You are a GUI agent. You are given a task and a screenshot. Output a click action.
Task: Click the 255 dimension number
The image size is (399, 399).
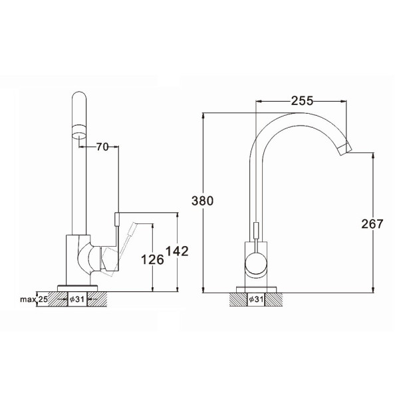(302, 101)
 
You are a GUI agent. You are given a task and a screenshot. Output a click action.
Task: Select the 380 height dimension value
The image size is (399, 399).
(202, 201)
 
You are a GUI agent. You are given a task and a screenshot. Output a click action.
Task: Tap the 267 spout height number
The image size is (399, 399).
(372, 224)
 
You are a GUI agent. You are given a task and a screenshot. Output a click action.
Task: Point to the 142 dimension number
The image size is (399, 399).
(177, 251)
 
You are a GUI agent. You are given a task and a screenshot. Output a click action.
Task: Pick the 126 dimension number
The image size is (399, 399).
(152, 260)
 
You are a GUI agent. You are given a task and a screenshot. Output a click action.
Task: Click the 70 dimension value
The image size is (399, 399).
(102, 147)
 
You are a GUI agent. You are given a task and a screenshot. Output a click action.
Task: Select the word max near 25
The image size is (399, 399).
(28, 299)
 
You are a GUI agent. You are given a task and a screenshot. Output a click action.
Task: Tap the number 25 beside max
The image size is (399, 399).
(43, 299)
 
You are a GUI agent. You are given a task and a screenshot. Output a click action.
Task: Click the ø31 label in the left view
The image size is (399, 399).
(77, 299)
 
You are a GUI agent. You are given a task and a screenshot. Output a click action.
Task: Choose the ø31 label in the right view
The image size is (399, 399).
(256, 299)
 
